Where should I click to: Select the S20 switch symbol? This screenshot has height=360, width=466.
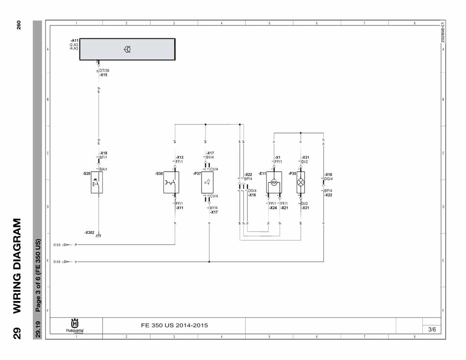[97, 182]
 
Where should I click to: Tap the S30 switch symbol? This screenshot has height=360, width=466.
[171, 182]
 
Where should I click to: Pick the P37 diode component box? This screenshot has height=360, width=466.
[207, 182]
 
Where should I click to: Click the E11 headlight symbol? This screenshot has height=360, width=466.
[274, 182]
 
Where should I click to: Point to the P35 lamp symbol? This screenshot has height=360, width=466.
[301, 182]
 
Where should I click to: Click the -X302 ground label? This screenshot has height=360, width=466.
[89, 232]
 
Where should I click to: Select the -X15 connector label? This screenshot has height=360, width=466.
[103, 75]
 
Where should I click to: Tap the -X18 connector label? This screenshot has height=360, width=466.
[103, 153]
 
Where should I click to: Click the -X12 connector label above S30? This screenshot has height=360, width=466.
[180, 157]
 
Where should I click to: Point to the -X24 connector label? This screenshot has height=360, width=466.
[273, 208]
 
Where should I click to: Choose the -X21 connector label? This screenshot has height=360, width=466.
[285, 208]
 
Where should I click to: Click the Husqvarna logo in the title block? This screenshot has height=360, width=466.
[75, 326]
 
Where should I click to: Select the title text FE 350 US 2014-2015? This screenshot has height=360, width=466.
[174, 325]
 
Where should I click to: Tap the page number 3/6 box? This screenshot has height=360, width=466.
[432, 330]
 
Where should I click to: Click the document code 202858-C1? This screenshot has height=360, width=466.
[443, 32]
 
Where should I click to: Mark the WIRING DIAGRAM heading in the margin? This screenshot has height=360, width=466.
[17, 265]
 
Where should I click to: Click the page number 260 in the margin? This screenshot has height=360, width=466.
[19, 25]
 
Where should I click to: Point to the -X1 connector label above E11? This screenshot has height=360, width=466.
[278, 157]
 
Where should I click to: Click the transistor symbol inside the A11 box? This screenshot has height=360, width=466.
[127, 49]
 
